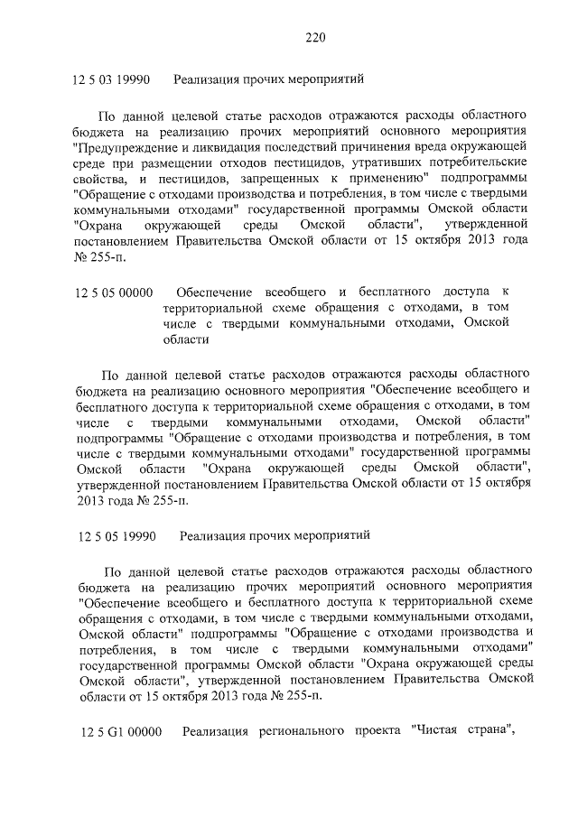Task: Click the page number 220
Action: click(314, 37)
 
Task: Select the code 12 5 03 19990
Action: click(114, 80)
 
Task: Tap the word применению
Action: click(393, 180)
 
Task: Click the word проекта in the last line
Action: click(378, 730)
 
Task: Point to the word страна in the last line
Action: click(494, 730)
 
